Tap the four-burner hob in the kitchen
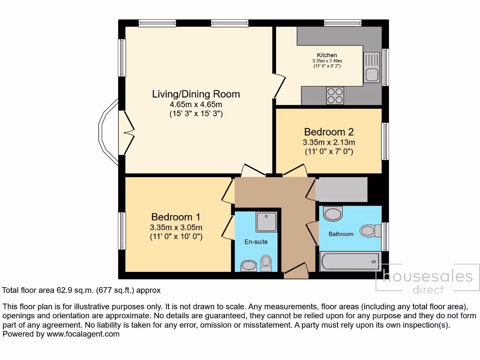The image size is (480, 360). (335, 95)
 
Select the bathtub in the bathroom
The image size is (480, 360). (350, 261)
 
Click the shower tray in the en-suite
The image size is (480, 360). (267, 222)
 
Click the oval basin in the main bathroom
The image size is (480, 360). (333, 214)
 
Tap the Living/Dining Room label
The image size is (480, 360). (196, 94)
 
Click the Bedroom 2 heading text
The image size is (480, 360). (328, 132)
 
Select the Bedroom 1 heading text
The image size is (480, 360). (176, 217)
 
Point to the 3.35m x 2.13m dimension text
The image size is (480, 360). (328, 142)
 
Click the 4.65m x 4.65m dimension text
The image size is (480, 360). (196, 104)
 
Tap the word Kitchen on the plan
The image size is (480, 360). (327, 55)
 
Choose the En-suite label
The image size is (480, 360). (256, 242)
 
